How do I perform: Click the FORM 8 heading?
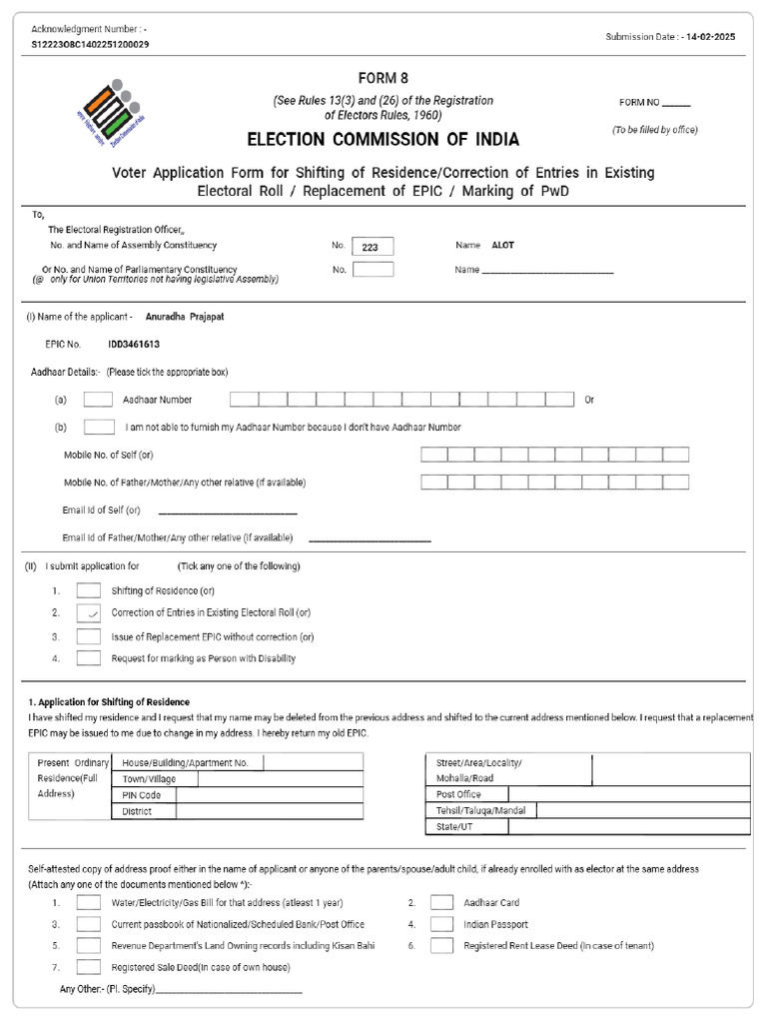pos(383,78)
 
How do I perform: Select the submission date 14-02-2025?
pos(713,36)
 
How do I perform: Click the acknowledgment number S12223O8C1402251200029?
pos(91,45)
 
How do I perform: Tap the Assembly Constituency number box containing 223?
pos(373,246)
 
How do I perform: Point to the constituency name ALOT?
pos(502,245)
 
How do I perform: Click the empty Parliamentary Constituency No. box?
pos(373,270)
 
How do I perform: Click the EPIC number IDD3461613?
pos(134,344)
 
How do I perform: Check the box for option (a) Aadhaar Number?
pos(98,400)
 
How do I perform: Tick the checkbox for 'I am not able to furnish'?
pos(98,428)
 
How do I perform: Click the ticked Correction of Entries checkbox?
pos(89,612)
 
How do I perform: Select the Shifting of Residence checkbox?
pos(89,590)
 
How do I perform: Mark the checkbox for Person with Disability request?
pos(89,658)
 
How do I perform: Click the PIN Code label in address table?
pos(142,795)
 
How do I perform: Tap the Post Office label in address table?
pos(458,794)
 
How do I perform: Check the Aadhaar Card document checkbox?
pos(442,902)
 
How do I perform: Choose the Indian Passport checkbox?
pos(442,924)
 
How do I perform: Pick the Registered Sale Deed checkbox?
pos(89,967)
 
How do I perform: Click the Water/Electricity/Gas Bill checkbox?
pos(89,902)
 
